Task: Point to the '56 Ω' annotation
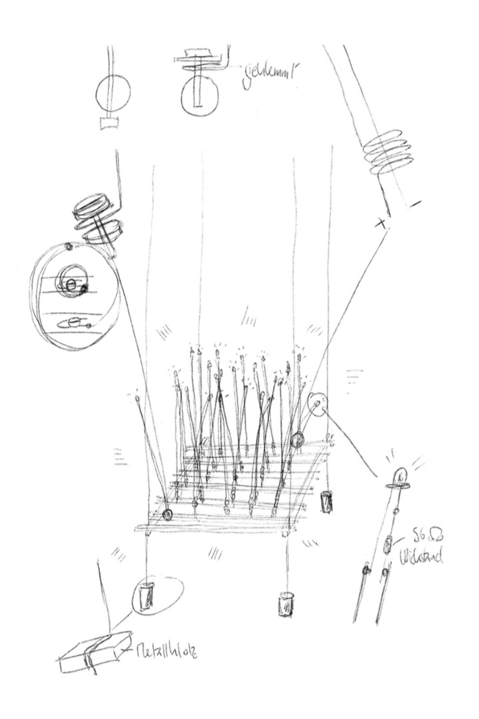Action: (429, 537)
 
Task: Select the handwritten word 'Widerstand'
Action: (421, 557)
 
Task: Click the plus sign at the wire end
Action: (381, 224)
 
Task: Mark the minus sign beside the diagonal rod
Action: (415, 204)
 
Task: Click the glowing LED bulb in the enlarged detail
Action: (400, 476)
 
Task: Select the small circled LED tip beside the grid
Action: (317, 404)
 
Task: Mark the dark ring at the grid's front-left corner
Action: (167, 515)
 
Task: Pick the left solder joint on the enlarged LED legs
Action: (366, 570)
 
